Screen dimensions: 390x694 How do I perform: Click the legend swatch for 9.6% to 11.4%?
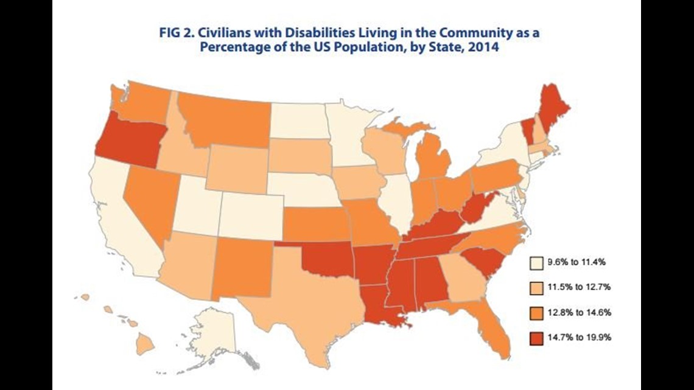click(536, 263)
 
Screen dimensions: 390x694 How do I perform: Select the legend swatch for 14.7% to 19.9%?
click(536, 337)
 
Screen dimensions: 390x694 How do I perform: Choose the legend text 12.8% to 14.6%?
click(578, 313)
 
